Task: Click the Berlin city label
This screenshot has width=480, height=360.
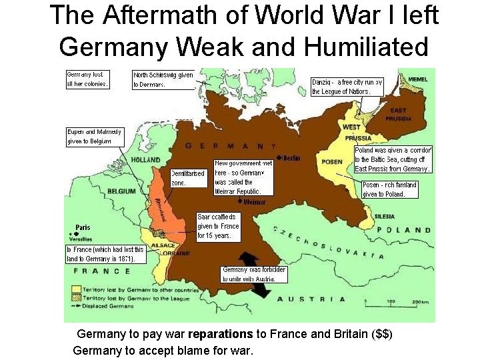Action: tap(291, 158)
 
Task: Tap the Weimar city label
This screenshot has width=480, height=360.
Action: tap(254, 201)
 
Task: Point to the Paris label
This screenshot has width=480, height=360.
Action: tap(83, 227)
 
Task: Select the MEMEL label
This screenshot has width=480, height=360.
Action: tap(419, 80)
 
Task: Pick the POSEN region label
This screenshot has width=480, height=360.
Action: tap(332, 161)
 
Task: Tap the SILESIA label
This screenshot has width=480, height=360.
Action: tap(385, 216)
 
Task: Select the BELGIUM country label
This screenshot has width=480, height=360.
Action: tap(121, 191)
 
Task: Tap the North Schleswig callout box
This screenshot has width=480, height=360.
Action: tap(163, 80)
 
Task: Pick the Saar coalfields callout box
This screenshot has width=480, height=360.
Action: tap(218, 226)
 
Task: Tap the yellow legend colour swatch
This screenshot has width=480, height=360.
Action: tap(78, 291)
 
